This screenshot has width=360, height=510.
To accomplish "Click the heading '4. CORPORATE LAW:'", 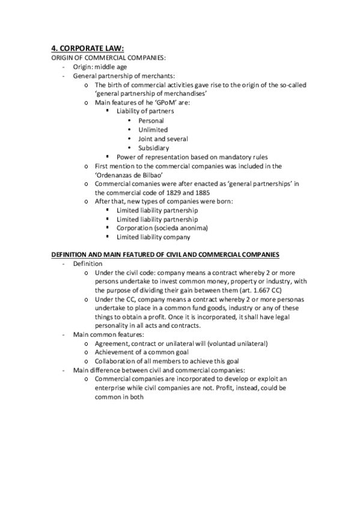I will (88, 49).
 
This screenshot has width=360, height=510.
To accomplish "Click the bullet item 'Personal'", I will (151, 120).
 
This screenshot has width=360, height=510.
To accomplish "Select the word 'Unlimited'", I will (153, 129).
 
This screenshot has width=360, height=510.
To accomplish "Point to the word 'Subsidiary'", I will (153, 147).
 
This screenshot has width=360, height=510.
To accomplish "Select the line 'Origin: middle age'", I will (100, 66).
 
